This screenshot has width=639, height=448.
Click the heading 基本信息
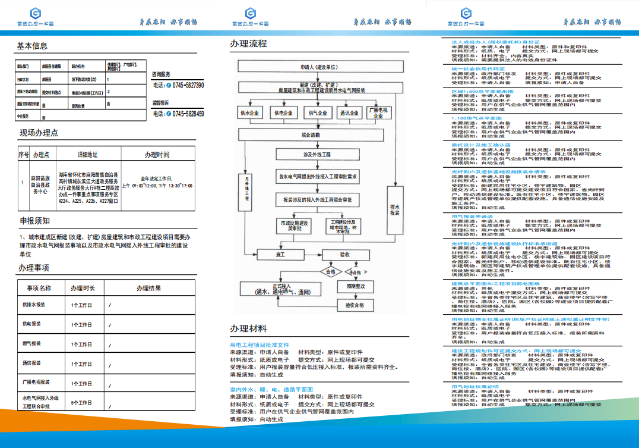pyautogui.click(x=32, y=46)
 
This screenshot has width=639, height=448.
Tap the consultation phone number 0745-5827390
pyautogui.click(x=188, y=86)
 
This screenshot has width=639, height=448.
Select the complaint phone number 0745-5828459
pyautogui.click(x=188, y=114)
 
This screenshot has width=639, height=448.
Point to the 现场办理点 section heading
pyautogui.click(x=39, y=133)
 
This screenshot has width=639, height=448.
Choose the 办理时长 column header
pyautogui.click(x=83, y=288)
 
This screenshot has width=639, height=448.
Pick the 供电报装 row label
pyautogui.click(x=32, y=324)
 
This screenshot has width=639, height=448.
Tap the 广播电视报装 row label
pyautogui.click(x=36, y=383)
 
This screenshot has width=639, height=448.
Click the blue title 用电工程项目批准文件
pyautogui.click(x=260, y=345)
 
